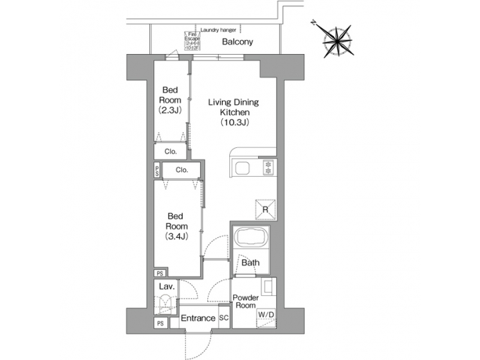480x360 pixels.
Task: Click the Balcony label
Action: (237, 42)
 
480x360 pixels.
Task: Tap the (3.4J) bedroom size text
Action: (175, 236)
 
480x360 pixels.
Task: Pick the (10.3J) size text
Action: (234, 123)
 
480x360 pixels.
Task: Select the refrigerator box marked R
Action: (265, 209)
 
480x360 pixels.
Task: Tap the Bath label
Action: (251, 263)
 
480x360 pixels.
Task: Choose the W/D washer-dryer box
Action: (266, 315)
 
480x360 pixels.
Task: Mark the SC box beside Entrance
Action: (224, 318)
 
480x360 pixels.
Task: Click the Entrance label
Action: (199, 318)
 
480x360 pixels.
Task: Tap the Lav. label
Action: (167, 287)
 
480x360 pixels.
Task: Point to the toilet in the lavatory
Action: (163, 304)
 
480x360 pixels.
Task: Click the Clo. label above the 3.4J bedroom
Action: (182, 170)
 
